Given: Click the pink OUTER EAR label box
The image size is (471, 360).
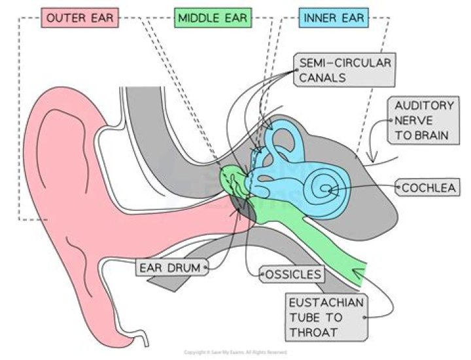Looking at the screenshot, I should tap(80, 18).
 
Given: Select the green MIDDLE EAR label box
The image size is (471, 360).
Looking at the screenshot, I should tap(213, 18).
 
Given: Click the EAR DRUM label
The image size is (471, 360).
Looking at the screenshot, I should tap(171, 267).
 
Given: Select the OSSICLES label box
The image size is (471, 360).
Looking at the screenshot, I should tap(292, 274).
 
